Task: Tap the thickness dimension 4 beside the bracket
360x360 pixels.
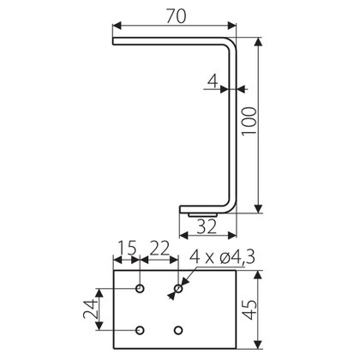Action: [211, 82]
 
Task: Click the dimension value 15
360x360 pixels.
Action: [127, 249]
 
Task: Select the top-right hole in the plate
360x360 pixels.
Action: [178, 289]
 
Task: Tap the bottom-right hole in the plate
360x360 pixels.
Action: [178, 329]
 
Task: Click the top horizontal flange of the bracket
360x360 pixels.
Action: [167, 40]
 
